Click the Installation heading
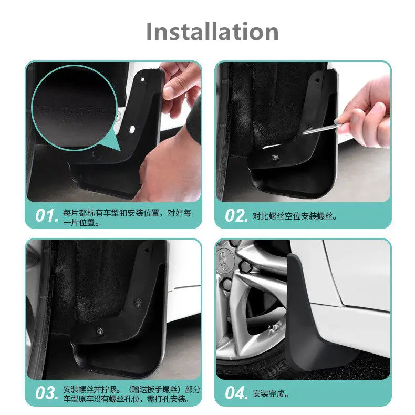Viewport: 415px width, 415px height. [x=212, y=32]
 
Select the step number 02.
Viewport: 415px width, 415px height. [x=236, y=216]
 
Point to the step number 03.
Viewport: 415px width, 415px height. [x=46, y=393]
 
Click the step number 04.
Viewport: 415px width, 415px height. [x=236, y=393]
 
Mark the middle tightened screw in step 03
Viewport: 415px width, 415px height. [x=137, y=303]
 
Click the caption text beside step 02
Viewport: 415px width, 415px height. [x=295, y=216]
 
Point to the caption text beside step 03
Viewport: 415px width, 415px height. [x=131, y=394]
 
